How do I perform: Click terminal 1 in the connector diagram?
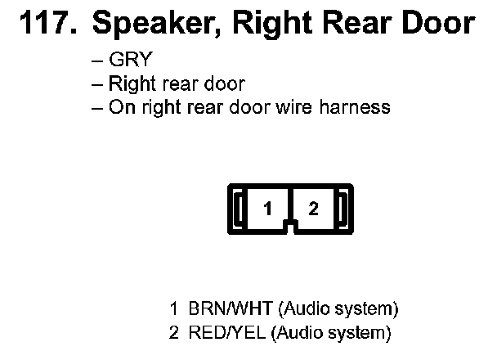tap(267, 209)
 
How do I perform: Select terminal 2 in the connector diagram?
tap(313, 209)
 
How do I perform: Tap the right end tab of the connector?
tap(343, 209)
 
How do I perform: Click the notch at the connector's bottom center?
tap(290, 223)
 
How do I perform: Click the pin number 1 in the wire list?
tap(173, 309)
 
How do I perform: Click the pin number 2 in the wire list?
tap(173, 333)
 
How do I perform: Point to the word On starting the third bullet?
tap(120, 106)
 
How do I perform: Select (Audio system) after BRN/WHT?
tap(338, 309)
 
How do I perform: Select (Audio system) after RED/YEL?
tap(331, 333)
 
